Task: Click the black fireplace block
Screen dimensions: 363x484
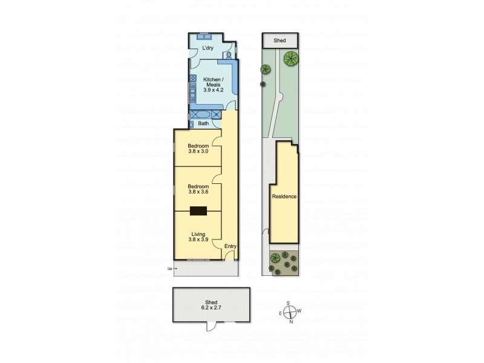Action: tap(198, 211)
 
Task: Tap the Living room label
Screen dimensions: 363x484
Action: tap(198, 234)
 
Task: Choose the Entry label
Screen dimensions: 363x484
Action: tap(230, 246)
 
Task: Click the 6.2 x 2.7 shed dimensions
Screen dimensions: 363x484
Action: tap(211, 308)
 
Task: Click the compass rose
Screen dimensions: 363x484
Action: tap(291, 312)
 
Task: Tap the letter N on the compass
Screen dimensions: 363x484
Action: tap(291, 322)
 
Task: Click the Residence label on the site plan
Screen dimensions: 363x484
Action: tap(284, 197)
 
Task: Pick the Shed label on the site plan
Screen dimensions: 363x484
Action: tap(280, 41)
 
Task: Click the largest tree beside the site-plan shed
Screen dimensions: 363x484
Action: tap(291, 59)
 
